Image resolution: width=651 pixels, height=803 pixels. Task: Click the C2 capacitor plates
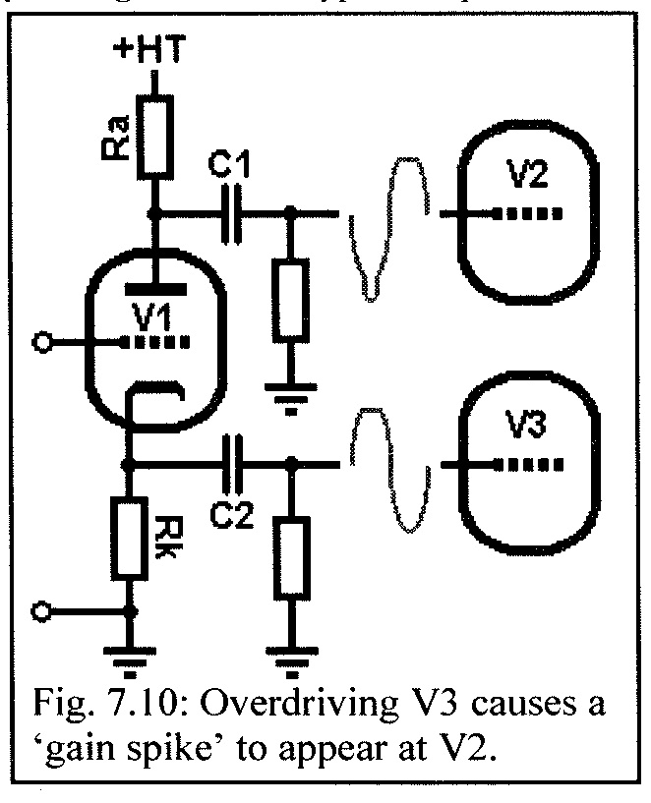click(x=233, y=464)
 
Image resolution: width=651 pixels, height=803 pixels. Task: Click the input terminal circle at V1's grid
click(x=41, y=343)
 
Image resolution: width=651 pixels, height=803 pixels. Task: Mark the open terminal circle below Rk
click(x=41, y=611)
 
